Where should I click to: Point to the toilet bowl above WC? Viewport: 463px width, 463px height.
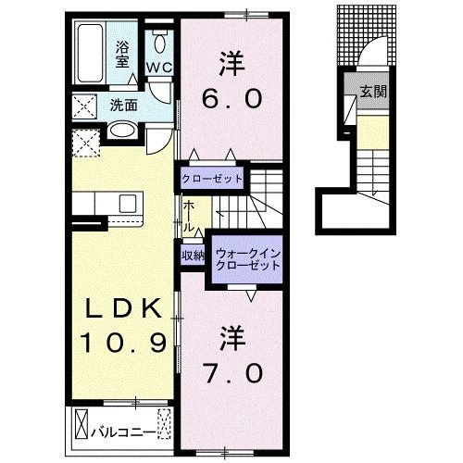click(x=160, y=42)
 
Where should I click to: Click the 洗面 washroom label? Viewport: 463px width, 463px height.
click(x=123, y=105)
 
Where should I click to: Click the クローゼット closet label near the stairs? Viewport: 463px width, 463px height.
click(x=211, y=177)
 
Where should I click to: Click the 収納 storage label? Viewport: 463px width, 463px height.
click(x=192, y=256)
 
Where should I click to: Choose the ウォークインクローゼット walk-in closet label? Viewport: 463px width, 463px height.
click(x=246, y=257)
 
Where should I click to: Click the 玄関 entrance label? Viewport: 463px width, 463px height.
click(x=374, y=91)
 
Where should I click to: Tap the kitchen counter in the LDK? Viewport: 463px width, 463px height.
click(x=104, y=203)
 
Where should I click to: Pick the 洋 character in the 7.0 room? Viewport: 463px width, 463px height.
click(x=231, y=336)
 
